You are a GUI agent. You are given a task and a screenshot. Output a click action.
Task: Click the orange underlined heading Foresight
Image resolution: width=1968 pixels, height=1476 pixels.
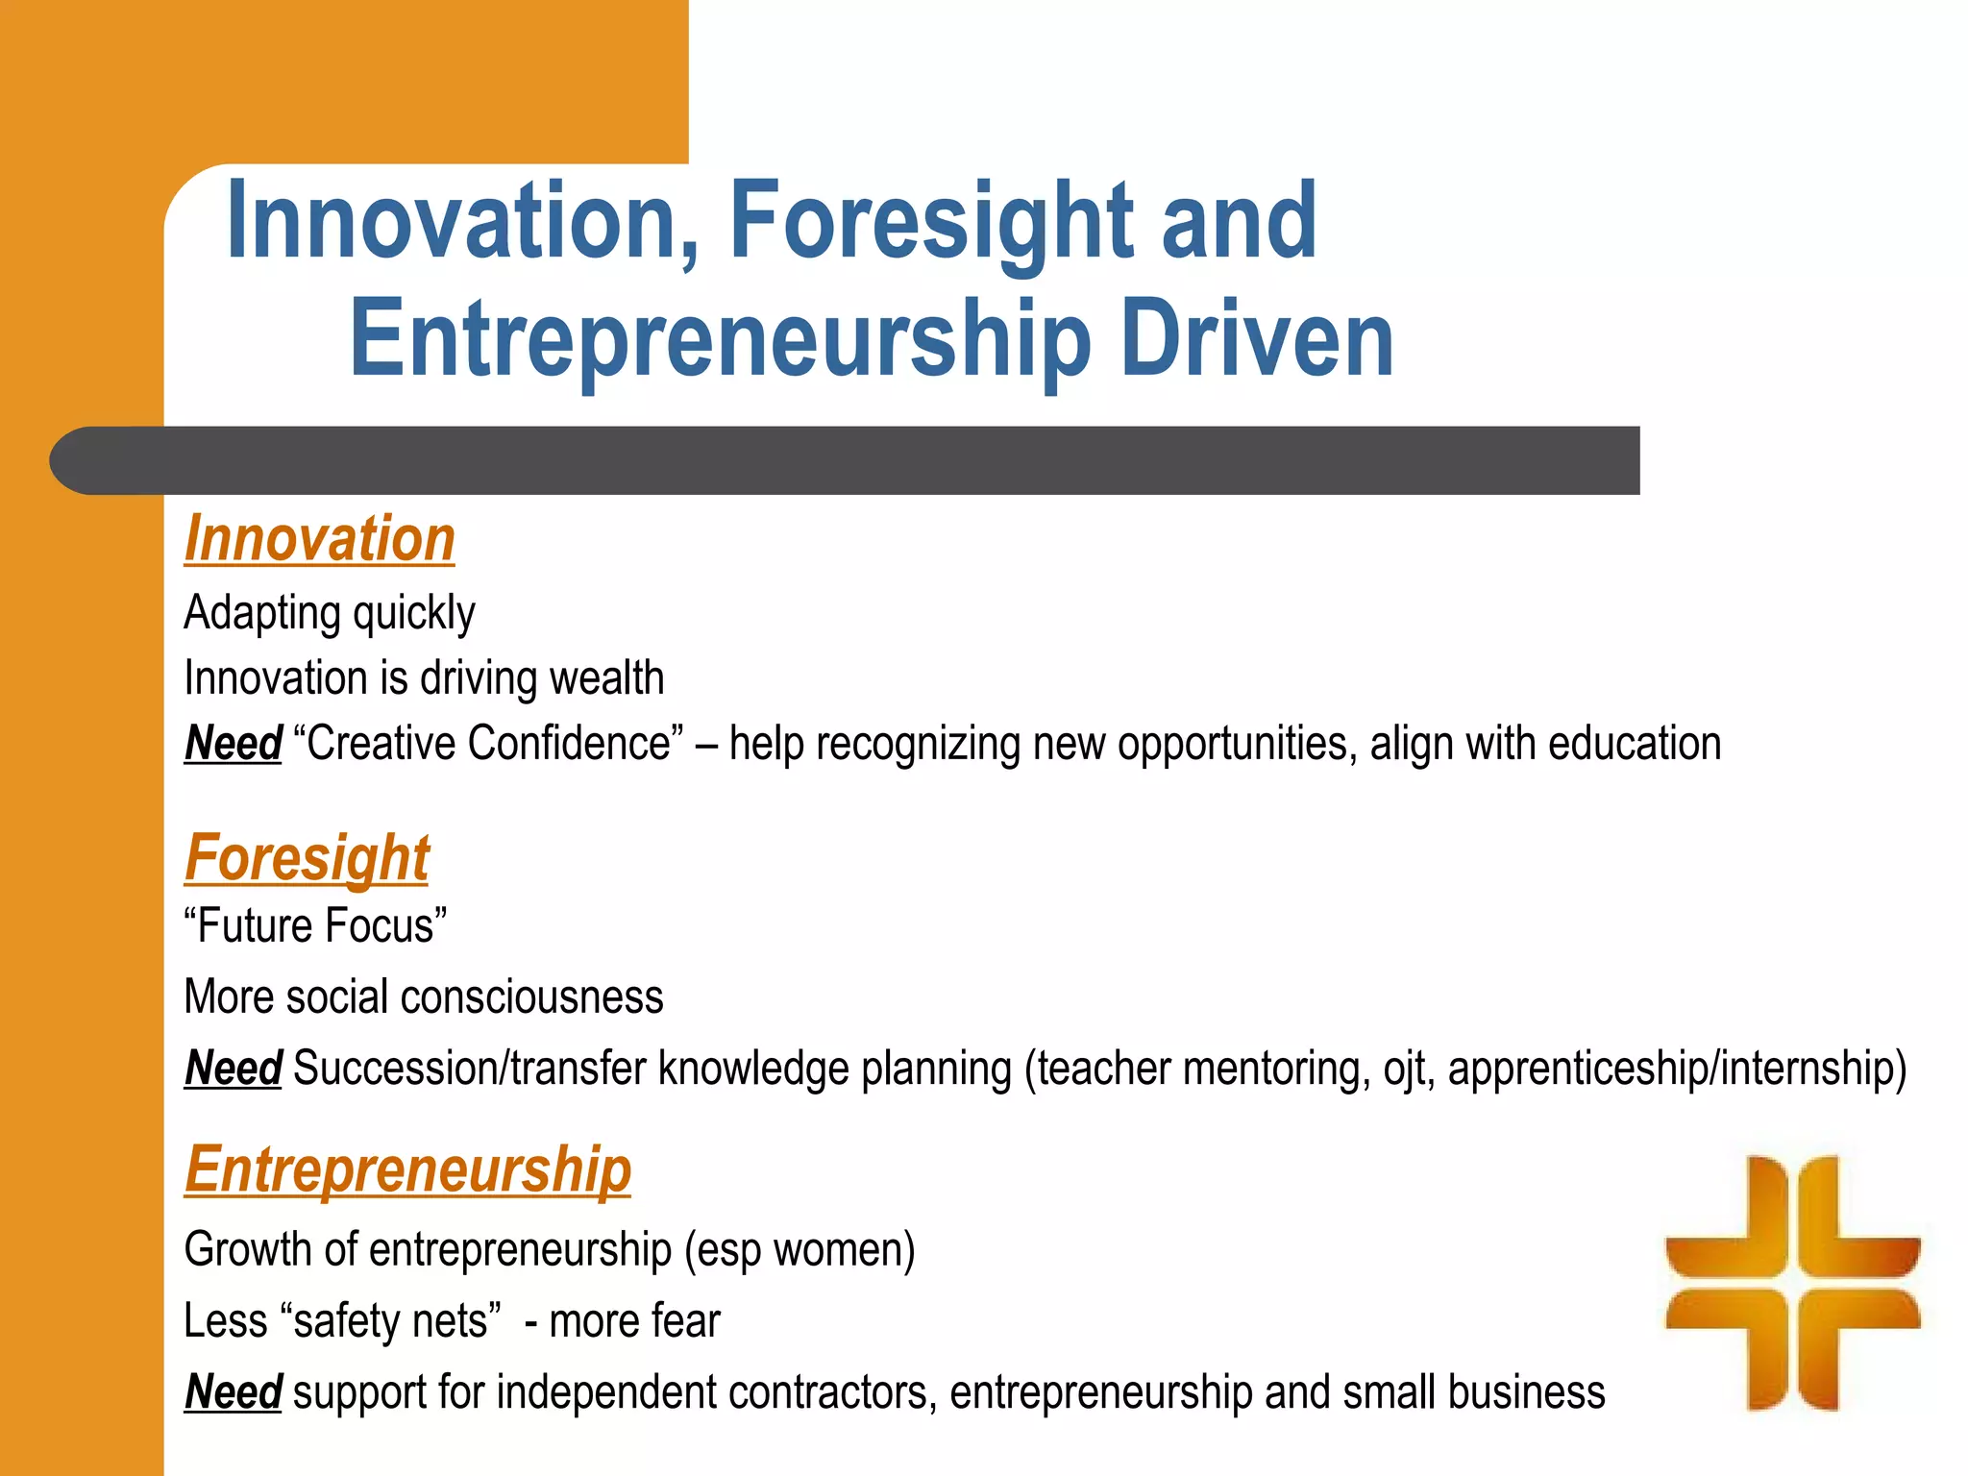(x=307, y=857)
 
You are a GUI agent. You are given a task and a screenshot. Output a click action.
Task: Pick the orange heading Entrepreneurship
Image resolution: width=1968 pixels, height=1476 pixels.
(x=407, y=1169)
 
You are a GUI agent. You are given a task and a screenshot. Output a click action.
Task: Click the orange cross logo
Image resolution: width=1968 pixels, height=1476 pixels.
(x=1792, y=1282)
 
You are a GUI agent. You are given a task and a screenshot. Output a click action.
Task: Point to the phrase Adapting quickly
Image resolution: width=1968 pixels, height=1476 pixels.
(x=329, y=613)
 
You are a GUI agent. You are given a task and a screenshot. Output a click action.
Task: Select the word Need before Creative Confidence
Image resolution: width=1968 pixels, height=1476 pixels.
(x=233, y=744)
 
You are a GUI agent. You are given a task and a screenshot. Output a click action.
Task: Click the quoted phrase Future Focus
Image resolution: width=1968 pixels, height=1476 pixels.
(x=315, y=926)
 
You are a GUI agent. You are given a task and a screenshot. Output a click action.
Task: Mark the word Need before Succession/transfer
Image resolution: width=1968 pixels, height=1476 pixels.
(x=233, y=1069)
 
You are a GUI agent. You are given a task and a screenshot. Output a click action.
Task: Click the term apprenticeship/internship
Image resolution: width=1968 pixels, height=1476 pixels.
(x=1676, y=1069)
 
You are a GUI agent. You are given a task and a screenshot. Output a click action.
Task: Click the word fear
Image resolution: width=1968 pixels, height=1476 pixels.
(x=683, y=1321)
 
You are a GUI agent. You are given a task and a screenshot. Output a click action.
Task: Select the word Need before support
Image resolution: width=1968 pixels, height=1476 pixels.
(x=233, y=1392)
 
